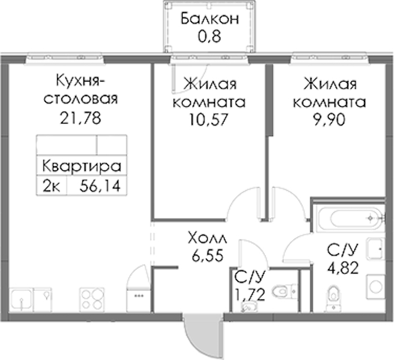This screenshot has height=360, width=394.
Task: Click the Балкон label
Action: [x=210, y=19]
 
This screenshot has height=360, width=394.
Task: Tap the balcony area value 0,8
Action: [x=209, y=36]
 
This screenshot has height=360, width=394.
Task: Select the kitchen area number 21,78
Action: [x=80, y=118]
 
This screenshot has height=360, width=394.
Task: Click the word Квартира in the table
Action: [x=82, y=166]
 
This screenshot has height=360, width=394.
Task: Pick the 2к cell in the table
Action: [x=52, y=186]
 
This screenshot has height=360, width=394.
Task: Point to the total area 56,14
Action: [x=100, y=186]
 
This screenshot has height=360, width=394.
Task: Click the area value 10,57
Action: [x=208, y=119]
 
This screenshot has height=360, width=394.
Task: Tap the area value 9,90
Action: [x=329, y=120]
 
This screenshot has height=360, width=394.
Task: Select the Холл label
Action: [x=208, y=238]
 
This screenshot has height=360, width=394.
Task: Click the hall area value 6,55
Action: [x=208, y=256]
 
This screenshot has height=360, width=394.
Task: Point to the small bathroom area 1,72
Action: [x=249, y=294]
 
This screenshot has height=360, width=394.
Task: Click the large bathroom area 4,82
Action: [x=343, y=268]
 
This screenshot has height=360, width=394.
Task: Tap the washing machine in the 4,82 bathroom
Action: [x=375, y=287]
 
